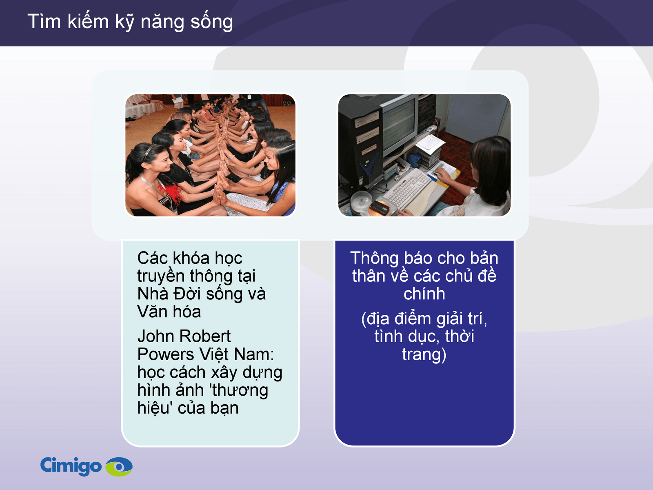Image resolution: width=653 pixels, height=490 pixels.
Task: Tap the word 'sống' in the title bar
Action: (212, 22)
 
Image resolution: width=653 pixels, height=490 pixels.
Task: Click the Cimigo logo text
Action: (71, 465)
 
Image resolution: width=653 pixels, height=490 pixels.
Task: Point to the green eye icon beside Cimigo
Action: (119, 466)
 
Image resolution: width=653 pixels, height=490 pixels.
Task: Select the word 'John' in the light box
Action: (152, 336)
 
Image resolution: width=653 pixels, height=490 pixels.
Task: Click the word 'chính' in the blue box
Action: (424, 294)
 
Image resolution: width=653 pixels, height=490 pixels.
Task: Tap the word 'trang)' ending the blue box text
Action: (424, 355)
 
